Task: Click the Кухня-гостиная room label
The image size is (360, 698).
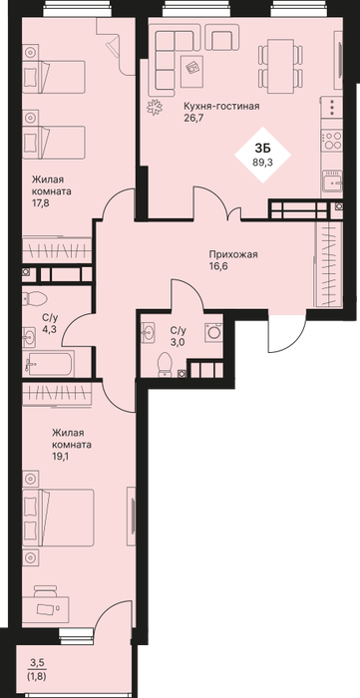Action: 222,106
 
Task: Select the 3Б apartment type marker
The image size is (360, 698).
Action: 262,149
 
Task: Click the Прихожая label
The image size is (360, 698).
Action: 233,254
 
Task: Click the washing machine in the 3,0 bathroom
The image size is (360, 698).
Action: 213,332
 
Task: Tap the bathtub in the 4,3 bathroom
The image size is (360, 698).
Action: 48,364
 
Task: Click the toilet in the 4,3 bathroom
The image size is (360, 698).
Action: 33,298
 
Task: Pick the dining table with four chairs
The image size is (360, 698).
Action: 281,66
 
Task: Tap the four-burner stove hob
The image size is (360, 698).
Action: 332,141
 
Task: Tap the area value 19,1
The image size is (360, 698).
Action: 59,456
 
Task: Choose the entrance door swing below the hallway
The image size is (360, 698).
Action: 287,333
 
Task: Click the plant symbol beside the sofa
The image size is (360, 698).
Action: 156,107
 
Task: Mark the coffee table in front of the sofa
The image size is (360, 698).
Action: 192,71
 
